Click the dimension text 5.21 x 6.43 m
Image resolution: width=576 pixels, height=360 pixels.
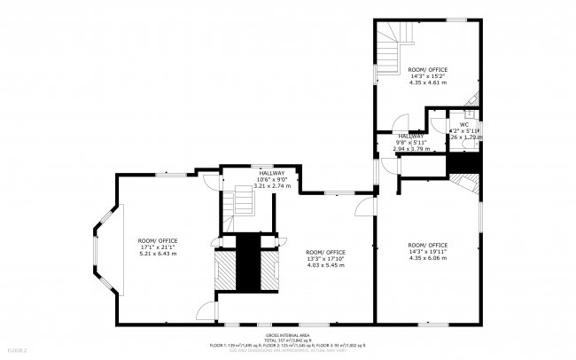click(x=158, y=254)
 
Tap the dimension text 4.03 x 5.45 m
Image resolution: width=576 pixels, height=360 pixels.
click(x=325, y=264)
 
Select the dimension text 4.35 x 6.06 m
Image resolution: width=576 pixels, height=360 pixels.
click(x=427, y=258)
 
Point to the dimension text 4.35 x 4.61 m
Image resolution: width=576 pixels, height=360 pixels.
click(x=427, y=82)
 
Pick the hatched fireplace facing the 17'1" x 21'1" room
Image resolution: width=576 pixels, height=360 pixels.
click(x=227, y=270)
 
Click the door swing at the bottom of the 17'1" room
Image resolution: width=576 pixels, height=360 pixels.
click(x=206, y=310)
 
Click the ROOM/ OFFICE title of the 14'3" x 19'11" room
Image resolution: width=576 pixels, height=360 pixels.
click(x=427, y=245)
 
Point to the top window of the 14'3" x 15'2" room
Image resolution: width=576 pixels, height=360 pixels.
click(x=455, y=20)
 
